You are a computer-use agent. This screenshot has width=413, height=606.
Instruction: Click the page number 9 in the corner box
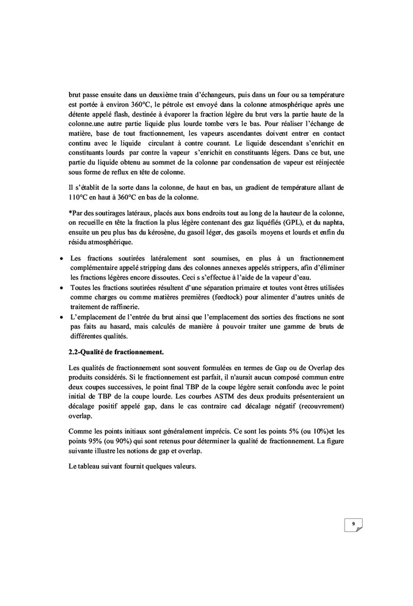click(x=353, y=523)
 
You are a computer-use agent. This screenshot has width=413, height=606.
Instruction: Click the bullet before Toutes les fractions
click(x=63, y=286)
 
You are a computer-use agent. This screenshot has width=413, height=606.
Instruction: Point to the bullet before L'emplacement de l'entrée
click(x=63, y=317)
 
